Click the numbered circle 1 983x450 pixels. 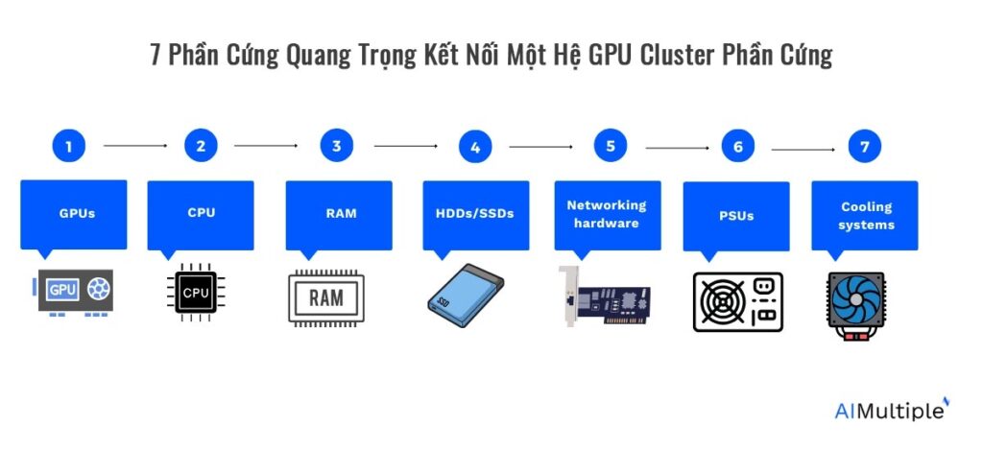click(68, 147)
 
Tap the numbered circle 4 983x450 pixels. click(474, 148)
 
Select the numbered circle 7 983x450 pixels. click(864, 147)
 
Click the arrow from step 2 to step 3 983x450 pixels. click(266, 146)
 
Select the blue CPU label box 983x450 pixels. click(201, 213)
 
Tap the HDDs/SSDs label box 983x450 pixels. click(476, 214)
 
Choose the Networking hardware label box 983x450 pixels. click(607, 213)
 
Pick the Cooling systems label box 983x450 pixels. click(866, 215)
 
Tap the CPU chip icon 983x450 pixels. click(196, 293)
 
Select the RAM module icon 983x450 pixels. click(325, 297)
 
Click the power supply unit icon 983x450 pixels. click(737, 301)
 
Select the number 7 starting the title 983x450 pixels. click(156, 56)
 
